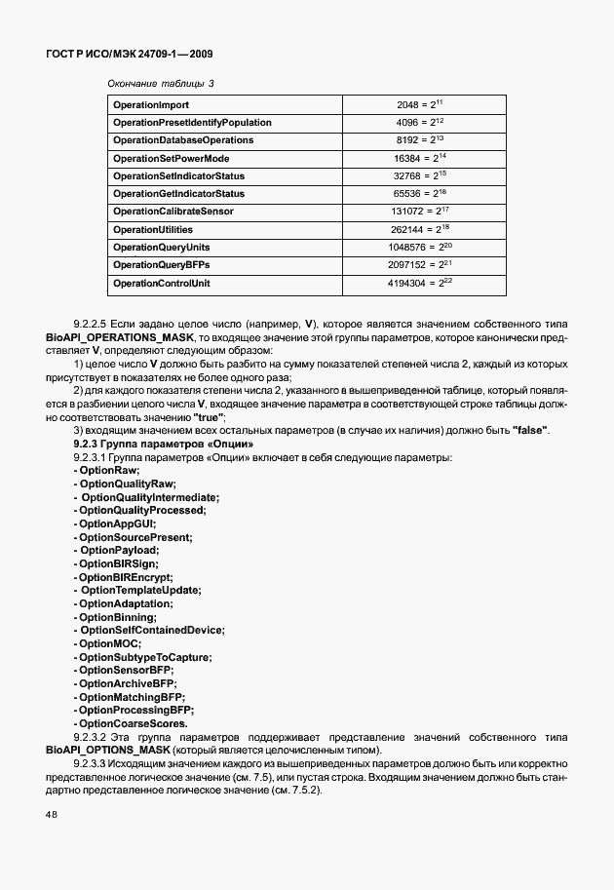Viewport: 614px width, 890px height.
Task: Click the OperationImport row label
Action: (x=151, y=104)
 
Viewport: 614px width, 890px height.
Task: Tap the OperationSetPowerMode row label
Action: (x=171, y=158)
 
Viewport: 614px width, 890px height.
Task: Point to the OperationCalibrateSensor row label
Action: (x=173, y=212)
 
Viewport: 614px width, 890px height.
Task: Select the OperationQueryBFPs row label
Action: (x=162, y=265)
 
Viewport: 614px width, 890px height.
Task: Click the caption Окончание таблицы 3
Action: (x=161, y=83)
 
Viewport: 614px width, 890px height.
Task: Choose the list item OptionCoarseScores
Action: (x=132, y=724)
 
